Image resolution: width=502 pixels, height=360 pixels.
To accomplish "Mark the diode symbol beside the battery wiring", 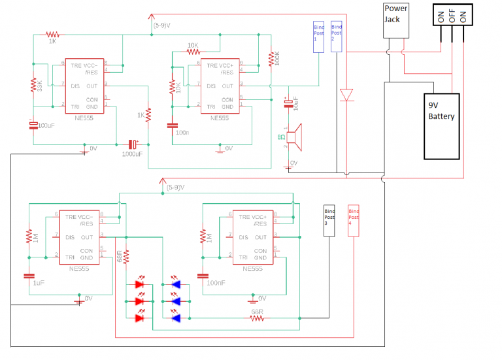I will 346,95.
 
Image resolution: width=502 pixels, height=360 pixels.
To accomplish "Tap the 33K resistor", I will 33,86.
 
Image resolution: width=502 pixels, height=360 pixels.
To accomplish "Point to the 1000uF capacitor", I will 133,144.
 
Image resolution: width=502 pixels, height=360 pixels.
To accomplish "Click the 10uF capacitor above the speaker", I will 287,104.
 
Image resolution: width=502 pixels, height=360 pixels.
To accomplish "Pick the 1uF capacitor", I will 29,275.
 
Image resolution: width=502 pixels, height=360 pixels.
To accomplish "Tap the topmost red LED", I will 140,284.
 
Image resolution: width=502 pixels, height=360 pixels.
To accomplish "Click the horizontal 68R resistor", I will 257,318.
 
